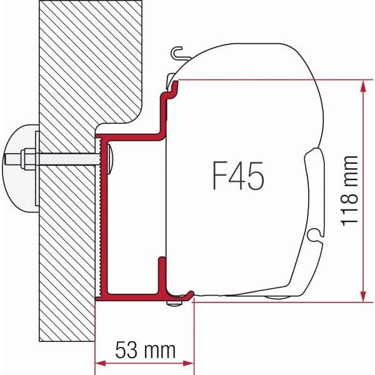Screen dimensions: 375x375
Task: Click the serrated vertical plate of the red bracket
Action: click(101, 219)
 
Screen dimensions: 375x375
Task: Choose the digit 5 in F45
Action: click(256, 176)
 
